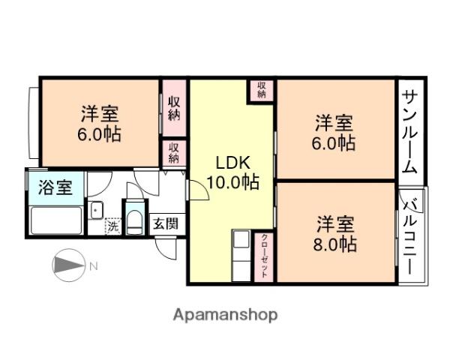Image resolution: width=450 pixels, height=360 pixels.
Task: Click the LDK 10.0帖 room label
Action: (x=232, y=172)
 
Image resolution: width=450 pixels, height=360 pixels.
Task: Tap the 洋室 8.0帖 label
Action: (x=335, y=233)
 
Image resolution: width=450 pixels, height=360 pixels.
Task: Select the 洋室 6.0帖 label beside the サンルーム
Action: (x=334, y=132)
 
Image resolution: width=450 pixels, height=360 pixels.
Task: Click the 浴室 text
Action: (x=56, y=186)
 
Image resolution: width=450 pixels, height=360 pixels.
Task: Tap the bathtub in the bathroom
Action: (x=55, y=220)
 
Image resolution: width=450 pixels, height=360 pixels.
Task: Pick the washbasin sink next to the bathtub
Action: (x=96, y=211)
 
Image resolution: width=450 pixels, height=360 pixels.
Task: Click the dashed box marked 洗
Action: (x=112, y=225)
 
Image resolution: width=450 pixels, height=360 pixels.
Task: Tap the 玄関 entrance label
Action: (x=165, y=223)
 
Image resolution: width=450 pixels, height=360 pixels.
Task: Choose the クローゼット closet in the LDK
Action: (x=265, y=256)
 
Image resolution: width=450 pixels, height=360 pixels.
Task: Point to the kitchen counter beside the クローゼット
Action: (x=242, y=256)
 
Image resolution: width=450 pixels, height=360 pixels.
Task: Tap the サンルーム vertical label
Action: (x=409, y=130)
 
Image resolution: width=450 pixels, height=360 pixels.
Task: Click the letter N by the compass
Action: (x=94, y=265)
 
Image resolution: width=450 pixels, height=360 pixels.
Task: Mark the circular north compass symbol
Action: (x=69, y=266)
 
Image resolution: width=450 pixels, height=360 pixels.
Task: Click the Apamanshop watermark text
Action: (x=225, y=314)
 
